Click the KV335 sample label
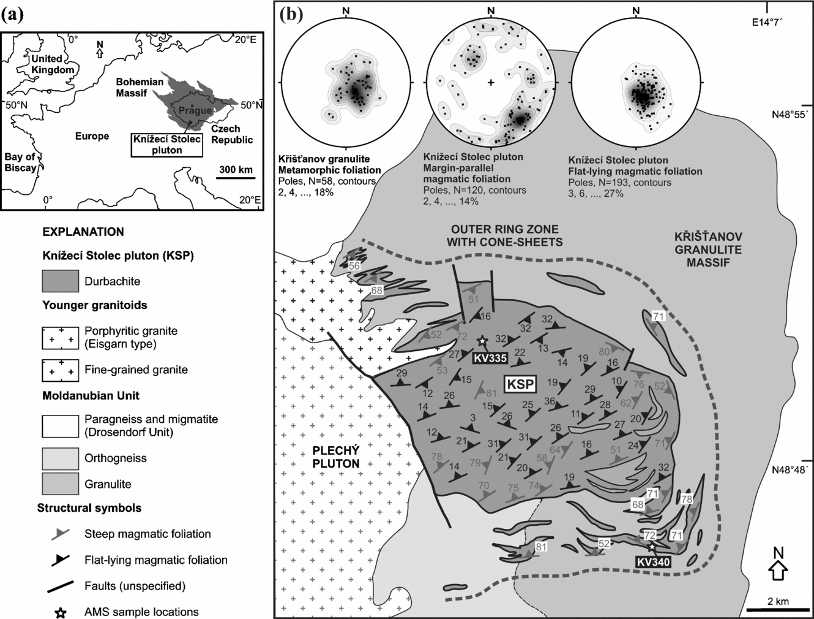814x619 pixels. [x=490, y=358]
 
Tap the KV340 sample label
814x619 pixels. [x=653, y=561]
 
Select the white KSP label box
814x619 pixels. [x=520, y=385]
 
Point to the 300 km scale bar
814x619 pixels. [x=236, y=179]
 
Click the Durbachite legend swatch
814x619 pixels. [x=60, y=281]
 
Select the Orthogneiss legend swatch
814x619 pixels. [x=60, y=458]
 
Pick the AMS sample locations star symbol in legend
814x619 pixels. [x=61, y=612]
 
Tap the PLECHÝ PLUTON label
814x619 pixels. [x=335, y=457]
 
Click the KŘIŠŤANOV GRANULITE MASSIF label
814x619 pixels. [x=709, y=249]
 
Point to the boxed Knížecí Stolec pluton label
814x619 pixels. [x=167, y=145]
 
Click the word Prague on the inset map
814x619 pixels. [x=195, y=111]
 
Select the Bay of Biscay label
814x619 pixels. [x=20, y=162]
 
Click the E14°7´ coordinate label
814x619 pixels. [x=767, y=22]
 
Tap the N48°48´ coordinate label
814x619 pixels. [x=790, y=470]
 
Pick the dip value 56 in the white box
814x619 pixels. [x=354, y=266]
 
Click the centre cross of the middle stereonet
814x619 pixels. [x=491, y=82]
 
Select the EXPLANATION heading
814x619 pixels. [x=83, y=232]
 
